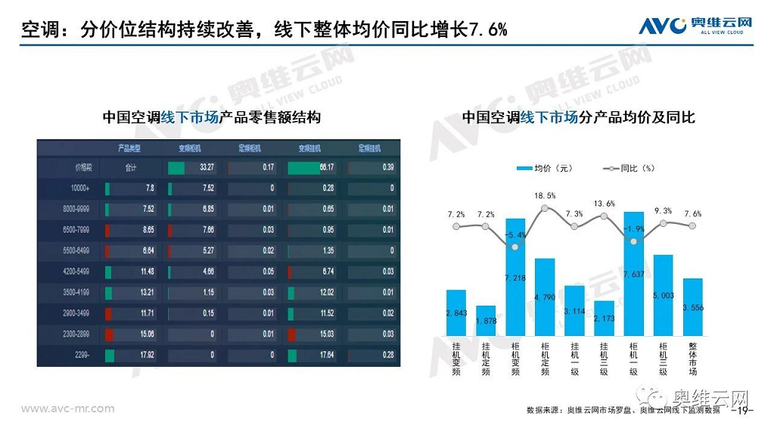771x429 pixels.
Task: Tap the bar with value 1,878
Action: pyautogui.click(x=487, y=321)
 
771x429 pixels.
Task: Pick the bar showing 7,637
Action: pyautogui.click(x=634, y=274)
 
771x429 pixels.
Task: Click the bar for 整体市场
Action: pyautogui.click(x=692, y=307)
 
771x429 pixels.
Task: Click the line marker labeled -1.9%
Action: pyautogui.click(x=634, y=241)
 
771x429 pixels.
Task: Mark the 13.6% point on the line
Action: pyautogui.click(x=605, y=217)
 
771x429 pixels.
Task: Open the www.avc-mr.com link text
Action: pyautogui.click(x=67, y=409)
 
